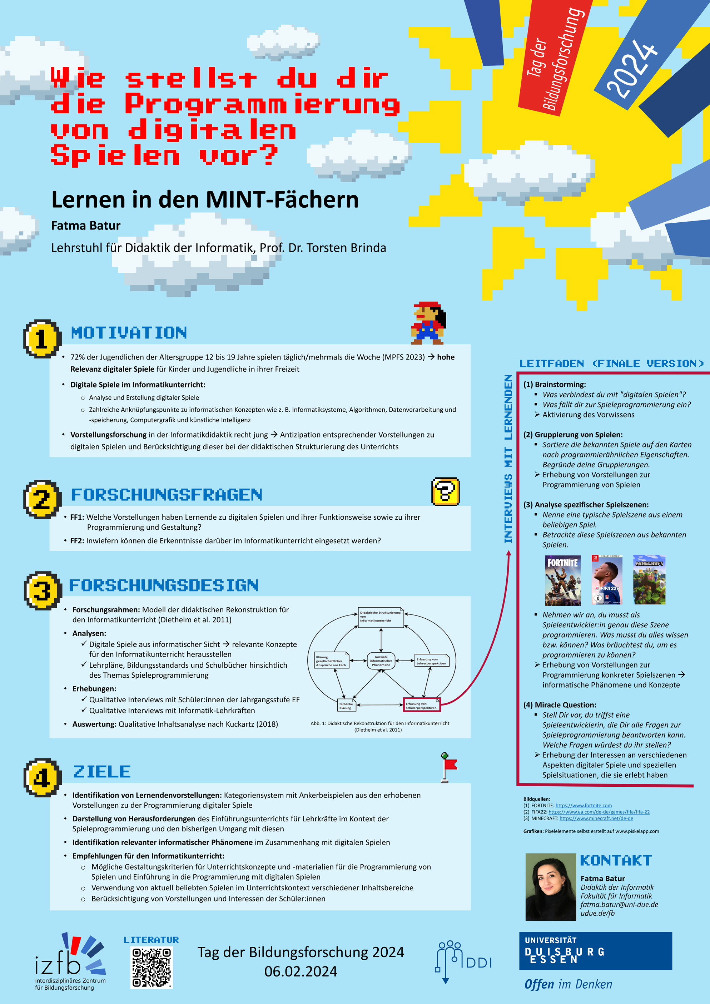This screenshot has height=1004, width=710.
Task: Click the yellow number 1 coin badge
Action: point(41,339)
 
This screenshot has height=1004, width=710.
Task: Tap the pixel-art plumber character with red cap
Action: point(428,323)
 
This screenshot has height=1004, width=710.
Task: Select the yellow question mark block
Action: point(445,491)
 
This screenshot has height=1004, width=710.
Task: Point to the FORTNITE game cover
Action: point(563,580)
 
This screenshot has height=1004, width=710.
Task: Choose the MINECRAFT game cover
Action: point(649,580)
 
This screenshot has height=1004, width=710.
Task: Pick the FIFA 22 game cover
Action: point(606,580)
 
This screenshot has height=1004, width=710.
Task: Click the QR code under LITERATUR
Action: point(152,967)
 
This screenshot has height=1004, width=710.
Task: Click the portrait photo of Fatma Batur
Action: point(550,887)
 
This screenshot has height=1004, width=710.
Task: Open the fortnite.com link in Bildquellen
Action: point(583,806)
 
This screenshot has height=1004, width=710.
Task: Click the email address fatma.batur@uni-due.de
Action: point(619,905)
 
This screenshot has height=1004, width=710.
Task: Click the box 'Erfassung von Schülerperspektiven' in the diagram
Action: point(422,704)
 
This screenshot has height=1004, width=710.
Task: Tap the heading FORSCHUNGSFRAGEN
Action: point(167,495)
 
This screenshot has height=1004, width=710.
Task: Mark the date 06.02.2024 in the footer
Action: point(301,971)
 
